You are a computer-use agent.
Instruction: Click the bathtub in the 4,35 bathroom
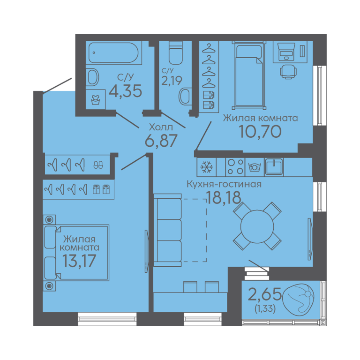[x=114, y=53]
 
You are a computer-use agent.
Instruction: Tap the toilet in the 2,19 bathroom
[x=176, y=53]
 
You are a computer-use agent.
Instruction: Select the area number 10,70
[x=260, y=132]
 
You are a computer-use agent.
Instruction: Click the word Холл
[x=161, y=127]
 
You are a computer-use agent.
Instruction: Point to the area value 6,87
[x=161, y=141]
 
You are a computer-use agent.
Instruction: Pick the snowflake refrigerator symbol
[x=207, y=167]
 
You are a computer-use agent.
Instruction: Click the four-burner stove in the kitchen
[x=235, y=167]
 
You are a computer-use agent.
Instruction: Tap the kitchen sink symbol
[x=274, y=167]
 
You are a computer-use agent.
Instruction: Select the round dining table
[x=257, y=226]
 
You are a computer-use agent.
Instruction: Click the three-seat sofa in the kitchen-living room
[x=168, y=230]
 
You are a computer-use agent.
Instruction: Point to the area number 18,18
[x=224, y=198]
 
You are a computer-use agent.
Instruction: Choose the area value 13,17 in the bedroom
[x=79, y=261]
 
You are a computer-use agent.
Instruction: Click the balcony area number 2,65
[x=265, y=294]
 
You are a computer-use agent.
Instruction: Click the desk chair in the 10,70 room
[x=288, y=72]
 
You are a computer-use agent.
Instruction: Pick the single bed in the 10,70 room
[x=249, y=75]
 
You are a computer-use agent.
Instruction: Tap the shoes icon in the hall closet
[x=98, y=165]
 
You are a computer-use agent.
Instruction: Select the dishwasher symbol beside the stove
[x=255, y=167]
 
